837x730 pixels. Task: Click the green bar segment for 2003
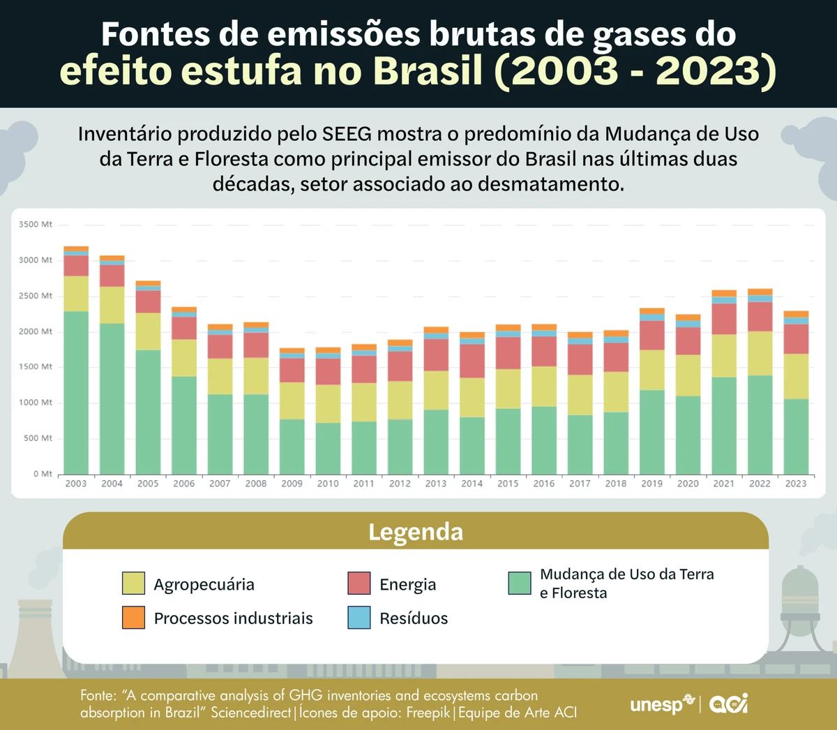(76, 392)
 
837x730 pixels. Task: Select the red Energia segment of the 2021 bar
(724, 319)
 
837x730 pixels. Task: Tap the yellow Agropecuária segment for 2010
(328, 403)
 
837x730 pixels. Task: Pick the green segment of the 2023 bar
(796, 436)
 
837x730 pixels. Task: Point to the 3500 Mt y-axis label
(36, 225)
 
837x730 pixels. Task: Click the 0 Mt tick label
(43, 474)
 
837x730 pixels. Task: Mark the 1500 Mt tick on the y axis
(36, 367)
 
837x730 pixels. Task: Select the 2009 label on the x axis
(292, 484)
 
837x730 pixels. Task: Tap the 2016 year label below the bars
(544, 484)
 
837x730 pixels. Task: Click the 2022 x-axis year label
(760, 484)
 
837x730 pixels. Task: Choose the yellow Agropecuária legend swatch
(133, 583)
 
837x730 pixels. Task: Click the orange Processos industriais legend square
(133, 618)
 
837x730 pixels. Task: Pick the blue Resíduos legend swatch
(359, 618)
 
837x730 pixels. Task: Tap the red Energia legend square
(359, 583)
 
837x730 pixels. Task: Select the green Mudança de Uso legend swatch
(520, 583)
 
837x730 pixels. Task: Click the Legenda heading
(416, 532)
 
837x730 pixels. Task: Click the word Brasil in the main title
(428, 71)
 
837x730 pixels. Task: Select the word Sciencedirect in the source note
(251, 713)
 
